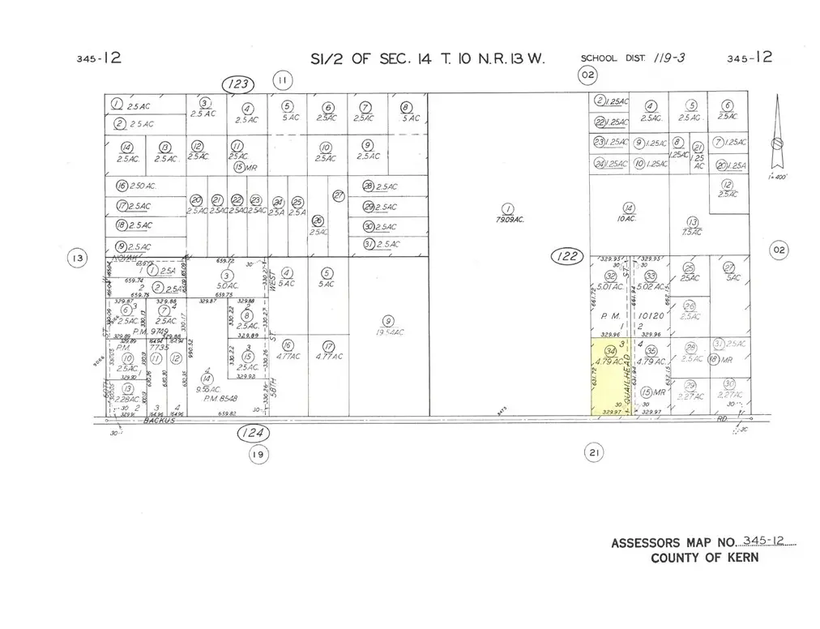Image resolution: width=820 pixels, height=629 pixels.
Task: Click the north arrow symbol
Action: pyautogui.click(x=776, y=138)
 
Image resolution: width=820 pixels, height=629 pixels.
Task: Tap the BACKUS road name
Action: pyautogui.click(x=160, y=421)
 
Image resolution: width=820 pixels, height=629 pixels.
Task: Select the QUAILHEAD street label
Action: pyautogui.click(x=627, y=387)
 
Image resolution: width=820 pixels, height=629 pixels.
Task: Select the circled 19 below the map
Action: pyautogui.click(x=258, y=455)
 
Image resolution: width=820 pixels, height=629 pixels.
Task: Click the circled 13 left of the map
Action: pyautogui.click(x=77, y=259)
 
